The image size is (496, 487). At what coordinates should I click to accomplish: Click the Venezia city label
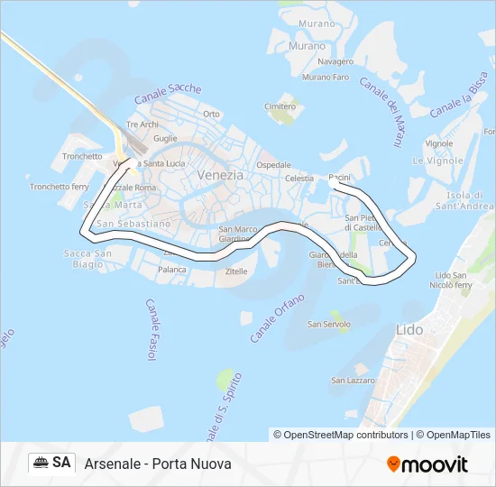click(220, 175)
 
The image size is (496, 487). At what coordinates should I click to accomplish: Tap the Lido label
click(409, 330)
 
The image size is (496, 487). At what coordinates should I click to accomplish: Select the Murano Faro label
click(326, 78)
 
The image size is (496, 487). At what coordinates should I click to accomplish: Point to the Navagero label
click(335, 61)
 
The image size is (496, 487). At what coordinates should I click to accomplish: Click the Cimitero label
click(280, 106)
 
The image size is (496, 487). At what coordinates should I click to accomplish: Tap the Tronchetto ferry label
click(60, 187)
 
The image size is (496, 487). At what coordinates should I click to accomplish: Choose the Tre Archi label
click(142, 124)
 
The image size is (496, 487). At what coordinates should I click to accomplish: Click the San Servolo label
click(328, 324)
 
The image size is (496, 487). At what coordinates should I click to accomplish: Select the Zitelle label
click(236, 271)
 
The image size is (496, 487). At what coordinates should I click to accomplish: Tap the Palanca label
click(172, 269)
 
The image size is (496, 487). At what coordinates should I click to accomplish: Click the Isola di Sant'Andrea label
click(464, 200)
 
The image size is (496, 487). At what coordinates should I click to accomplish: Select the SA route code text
click(61, 463)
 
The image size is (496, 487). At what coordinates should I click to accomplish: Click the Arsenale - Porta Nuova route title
click(158, 464)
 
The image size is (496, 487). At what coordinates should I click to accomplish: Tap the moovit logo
click(427, 464)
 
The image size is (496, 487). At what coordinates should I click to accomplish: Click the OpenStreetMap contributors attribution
click(341, 435)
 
